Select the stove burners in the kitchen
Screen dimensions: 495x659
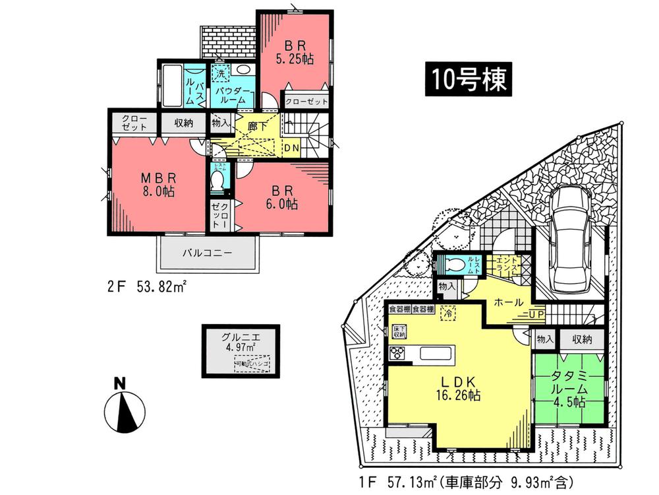click(x=399, y=353)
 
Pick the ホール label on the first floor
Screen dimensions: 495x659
click(x=509, y=302)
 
